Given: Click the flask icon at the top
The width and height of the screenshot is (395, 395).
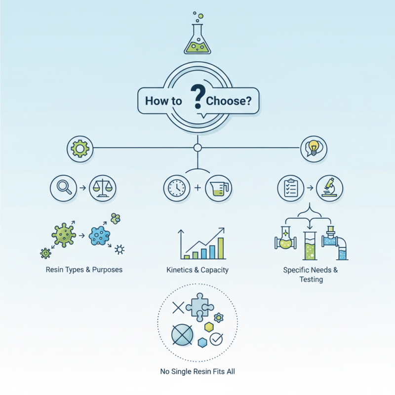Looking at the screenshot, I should point(197,39).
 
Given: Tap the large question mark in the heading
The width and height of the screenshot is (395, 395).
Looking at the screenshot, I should point(197,97).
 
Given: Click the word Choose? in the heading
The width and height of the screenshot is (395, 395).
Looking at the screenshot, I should point(229,102).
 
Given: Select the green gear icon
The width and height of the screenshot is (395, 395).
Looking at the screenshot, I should point(79,148).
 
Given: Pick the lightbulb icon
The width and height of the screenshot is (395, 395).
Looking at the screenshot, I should point(314,148).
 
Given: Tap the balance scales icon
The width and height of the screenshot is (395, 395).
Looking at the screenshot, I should point(102,188).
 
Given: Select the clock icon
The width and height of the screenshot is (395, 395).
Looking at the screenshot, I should point(176,188).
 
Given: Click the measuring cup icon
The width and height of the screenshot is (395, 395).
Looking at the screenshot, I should point(217,188).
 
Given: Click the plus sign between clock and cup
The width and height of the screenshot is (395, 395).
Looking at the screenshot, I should point(197,188).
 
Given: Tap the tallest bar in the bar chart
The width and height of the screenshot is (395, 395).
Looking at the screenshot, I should point(221,248).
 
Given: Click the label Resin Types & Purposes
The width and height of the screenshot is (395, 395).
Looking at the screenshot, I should point(84,270).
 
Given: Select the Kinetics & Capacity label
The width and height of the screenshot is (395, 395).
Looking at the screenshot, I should point(197,270).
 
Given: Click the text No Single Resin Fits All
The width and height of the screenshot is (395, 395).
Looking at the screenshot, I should point(197,371).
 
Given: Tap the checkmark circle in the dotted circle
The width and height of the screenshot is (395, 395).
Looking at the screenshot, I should point(216,339).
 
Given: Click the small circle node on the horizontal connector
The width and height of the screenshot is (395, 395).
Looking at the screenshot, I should point(197,148).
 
